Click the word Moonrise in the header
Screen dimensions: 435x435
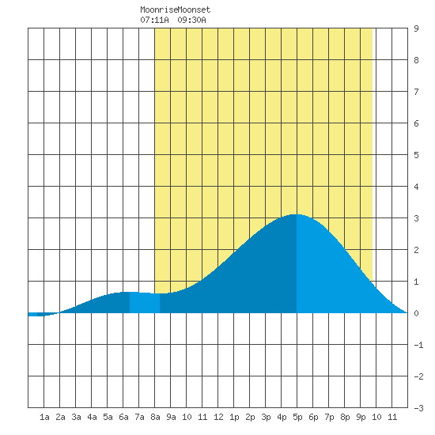[x=159, y=10]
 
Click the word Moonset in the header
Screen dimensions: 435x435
[x=194, y=10]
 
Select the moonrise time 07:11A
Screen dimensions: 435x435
[x=154, y=20]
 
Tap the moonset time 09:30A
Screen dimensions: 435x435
[x=191, y=20]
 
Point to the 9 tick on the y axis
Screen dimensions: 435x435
[x=416, y=28]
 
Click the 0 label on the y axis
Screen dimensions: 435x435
[x=416, y=313]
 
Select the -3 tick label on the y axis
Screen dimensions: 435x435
[x=418, y=408]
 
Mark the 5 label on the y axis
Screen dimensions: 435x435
[x=416, y=155]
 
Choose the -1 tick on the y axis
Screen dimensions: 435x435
[x=418, y=345]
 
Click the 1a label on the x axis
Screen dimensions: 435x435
[x=44, y=417]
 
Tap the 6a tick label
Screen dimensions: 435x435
[x=123, y=417]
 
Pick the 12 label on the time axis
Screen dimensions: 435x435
[x=218, y=417]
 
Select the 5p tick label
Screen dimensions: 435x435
[x=297, y=417]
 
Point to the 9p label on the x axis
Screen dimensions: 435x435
[x=361, y=417]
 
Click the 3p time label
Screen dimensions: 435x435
[x=266, y=417]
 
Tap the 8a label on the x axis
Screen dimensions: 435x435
[x=155, y=417]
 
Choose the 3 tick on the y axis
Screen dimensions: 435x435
[x=416, y=218]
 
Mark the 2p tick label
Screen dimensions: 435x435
[x=250, y=417]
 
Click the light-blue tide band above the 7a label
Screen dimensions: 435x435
[x=145, y=303]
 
